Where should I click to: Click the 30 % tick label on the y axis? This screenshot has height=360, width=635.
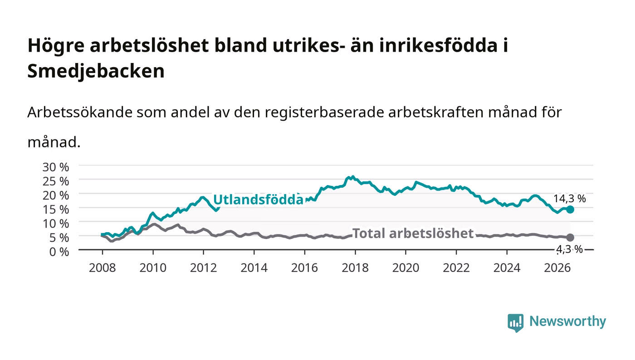(55, 167)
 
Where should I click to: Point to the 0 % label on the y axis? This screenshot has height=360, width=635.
(59, 252)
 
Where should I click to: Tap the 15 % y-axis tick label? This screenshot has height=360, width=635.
(55, 209)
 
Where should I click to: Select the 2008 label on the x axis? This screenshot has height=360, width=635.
(103, 268)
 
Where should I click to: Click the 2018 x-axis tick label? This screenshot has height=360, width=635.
(355, 268)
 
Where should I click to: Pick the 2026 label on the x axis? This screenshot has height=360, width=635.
(557, 268)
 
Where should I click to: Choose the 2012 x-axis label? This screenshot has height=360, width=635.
(204, 268)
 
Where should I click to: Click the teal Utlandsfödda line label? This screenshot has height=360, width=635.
(258, 199)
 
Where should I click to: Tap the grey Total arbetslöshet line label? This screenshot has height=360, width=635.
(413, 234)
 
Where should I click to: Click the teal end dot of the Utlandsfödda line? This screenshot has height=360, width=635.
(570, 209)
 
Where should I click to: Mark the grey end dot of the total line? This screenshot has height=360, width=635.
(570, 237)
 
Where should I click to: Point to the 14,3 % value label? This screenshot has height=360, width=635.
(570, 199)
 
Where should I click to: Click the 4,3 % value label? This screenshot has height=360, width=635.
(570, 249)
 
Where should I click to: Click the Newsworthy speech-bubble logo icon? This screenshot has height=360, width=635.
(515, 322)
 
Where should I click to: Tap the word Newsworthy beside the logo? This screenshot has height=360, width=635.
(567, 321)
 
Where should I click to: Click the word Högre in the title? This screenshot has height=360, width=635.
(56, 46)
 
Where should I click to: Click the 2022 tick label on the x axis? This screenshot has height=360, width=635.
(456, 268)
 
